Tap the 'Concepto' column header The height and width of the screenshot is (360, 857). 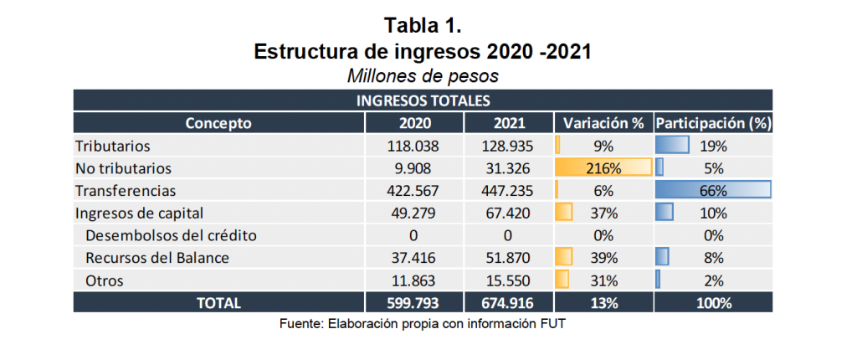click(x=218, y=123)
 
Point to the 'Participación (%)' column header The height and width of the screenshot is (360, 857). click(x=712, y=123)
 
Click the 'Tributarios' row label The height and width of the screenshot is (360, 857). click(x=107, y=146)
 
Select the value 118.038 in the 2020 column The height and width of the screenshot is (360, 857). click(x=415, y=146)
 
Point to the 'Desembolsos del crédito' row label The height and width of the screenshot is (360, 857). click(x=159, y=235)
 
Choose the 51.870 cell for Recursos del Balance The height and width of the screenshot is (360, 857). click(x=509, y=258)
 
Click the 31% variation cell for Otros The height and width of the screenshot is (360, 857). click(x=603, y=280)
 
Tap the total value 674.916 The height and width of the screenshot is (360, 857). click(x=509, y=303)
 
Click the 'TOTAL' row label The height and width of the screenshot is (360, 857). click(x=218, y=303)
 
